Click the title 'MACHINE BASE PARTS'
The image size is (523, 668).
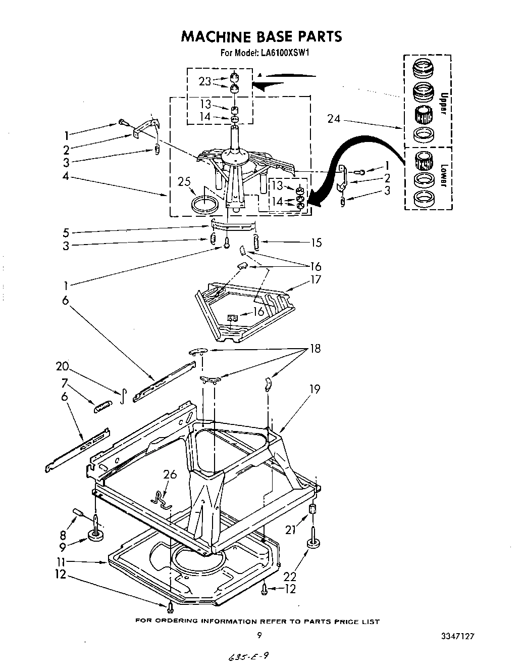click(x=261, y=36)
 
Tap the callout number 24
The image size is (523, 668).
click(x=334, y=119)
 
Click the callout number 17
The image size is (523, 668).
click(x=316, y=279)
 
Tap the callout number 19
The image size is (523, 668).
click(x=315, y=389)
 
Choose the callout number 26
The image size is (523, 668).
click(x=170, y=474)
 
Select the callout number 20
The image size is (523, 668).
click(x=63, y=366)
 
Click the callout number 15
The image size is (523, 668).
click(x=316, y=243)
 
